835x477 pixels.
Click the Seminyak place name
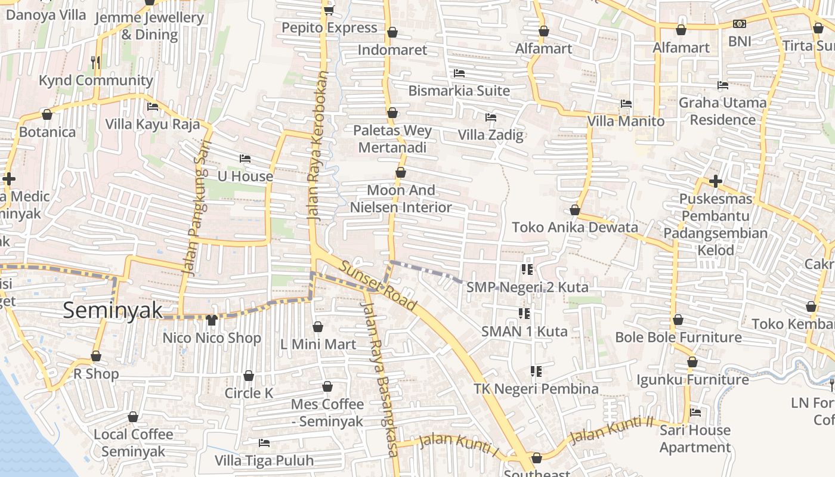[113, 310]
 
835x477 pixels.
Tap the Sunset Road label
[378, 285]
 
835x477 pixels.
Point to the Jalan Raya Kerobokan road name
[318, 147]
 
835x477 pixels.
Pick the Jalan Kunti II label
[611, 430]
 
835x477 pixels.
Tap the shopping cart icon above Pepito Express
[329, 10]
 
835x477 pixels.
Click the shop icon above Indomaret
[392, 32]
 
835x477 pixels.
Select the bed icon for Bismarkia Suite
[459, 73]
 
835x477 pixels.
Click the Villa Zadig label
[490, 135]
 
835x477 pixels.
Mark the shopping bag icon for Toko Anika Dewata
[575, 210]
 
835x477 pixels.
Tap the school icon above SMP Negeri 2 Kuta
[526, 270]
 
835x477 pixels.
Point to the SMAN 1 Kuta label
[524, 331]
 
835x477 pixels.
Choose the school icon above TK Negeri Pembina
[536, 371]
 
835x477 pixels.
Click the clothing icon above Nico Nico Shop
[212, 320]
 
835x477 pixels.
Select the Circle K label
[249, 393]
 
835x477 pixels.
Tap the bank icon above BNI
[740, 24]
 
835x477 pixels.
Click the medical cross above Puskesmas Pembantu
[716, 181]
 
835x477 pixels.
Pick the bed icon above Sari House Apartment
[695, 413]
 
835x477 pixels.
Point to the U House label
[245, 176]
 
